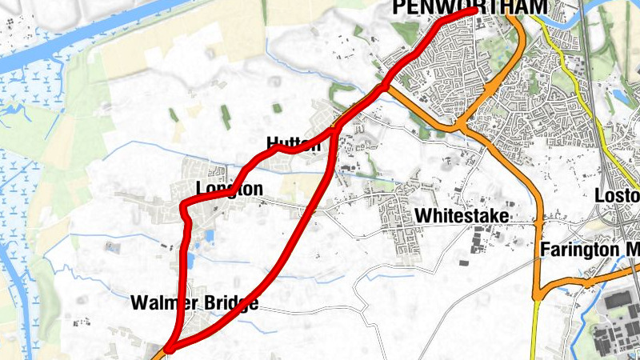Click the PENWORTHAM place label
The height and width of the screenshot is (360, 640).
tap(469, 7)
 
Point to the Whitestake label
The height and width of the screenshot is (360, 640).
tap(462, 216)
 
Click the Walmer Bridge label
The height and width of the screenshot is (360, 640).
tap(194, 304)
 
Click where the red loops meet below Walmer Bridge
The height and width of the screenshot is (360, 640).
tap(169, 348)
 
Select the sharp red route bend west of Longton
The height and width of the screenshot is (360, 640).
tap(184, 208)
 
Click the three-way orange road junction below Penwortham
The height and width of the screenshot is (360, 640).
tap(461, 126)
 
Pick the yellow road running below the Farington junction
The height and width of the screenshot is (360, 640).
tap(535, 328)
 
